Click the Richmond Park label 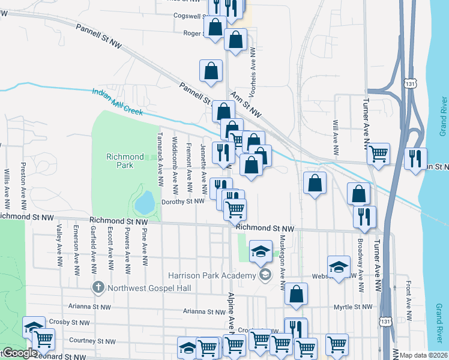tap(125, 160)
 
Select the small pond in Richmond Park tap(145, 204)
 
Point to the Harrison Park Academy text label tap(212, 275)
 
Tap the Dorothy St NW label tap(184, 202)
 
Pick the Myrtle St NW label tap(354, 307)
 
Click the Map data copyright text tap(423, 355)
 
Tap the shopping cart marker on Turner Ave tap(379, 154)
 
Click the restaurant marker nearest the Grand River tap(415, 158)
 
